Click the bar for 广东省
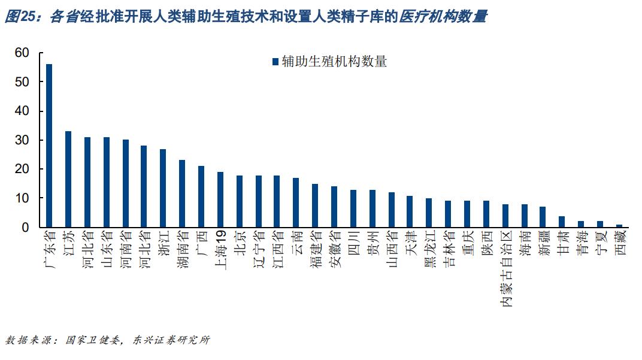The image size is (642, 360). click(49, 146)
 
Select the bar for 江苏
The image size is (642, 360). click(68, 179)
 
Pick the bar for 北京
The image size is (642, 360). click(239, 201)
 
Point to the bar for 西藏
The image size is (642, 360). click(619, 226)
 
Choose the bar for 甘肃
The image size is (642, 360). click(562, 222)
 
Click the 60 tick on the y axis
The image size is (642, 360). click(22, 53)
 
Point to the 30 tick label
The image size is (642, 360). click(22, 140)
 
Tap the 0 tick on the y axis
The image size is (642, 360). click(26, 228)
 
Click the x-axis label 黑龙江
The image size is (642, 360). click(429, 251)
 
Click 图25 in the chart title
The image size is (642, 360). click(20, 17)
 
